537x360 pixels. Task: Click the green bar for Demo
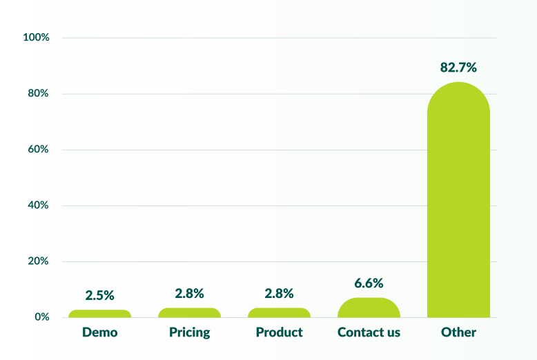(x=99, y=314)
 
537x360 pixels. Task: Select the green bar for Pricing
(x=189, y=313)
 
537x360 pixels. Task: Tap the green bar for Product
(x=279, y=313)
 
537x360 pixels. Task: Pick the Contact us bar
(x=369, y=308)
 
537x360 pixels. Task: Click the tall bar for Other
(x=458, y=200)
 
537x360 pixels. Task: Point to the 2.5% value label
(x=99, y=295)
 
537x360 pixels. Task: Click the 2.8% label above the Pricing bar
(x=189, y=293)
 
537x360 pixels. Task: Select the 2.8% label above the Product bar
(x=279, y=293)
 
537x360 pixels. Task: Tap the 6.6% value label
(x=369, y=283)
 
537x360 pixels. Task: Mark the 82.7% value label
(x=458, y=68)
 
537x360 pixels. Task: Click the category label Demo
(x=99, y=332)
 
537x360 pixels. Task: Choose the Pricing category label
(x=189, y=332)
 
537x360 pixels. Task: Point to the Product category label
(x=279, y=332)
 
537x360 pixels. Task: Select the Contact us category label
(x=369, y=332)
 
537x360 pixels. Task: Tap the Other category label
(x=458, y=332)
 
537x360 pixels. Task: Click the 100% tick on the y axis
(x=36, y=37)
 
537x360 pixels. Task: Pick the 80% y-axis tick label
(x=37, y=93)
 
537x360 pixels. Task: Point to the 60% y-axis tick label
(x=37, y=149)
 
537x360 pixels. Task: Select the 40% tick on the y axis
(x=37, y=205)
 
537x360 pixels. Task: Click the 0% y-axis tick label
(x=41, y=317)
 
